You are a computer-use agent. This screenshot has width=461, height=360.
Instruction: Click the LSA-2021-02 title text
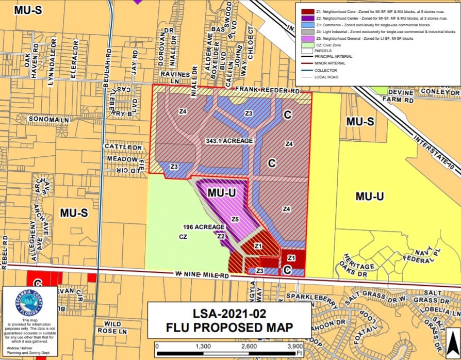pyautogui.click(x=229, y=313)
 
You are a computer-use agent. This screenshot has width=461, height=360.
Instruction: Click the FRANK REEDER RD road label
pyautogui.click(x=268, y=91)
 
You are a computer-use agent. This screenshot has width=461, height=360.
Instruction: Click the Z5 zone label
pyautogui.click(x=235, y=219)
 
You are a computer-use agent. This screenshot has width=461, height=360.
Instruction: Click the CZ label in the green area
pyautogui.click(x=183, y=237)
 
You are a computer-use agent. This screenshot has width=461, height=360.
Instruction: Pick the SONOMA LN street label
pyautogui.click(x=49, y=120)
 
